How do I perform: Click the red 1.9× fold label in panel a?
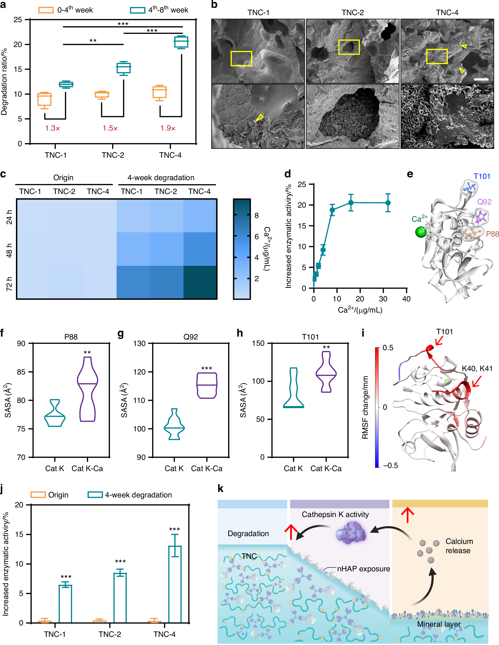coord(168,128)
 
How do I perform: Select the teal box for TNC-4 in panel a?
coord(181,42)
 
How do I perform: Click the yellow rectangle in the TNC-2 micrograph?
coord(349,47)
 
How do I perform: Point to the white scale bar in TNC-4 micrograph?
coord(481,79)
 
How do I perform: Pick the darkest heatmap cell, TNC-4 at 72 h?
coord(200,282)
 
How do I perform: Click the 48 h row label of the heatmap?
coord(9,250)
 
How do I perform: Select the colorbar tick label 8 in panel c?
coord(257,216)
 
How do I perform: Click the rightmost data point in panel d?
coord(388,203)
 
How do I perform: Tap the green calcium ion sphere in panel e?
coord(421,232)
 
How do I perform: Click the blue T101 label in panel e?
coord(482,176)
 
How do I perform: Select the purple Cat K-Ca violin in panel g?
coord(207,385)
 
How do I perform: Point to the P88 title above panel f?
coord(71,337)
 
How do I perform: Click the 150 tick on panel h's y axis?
coord(258,343)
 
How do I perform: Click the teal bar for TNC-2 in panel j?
coord(120,598)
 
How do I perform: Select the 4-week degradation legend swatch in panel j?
coord(95,495)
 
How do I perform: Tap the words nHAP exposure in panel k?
coord(363,569)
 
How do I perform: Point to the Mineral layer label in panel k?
coord(439,624)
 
